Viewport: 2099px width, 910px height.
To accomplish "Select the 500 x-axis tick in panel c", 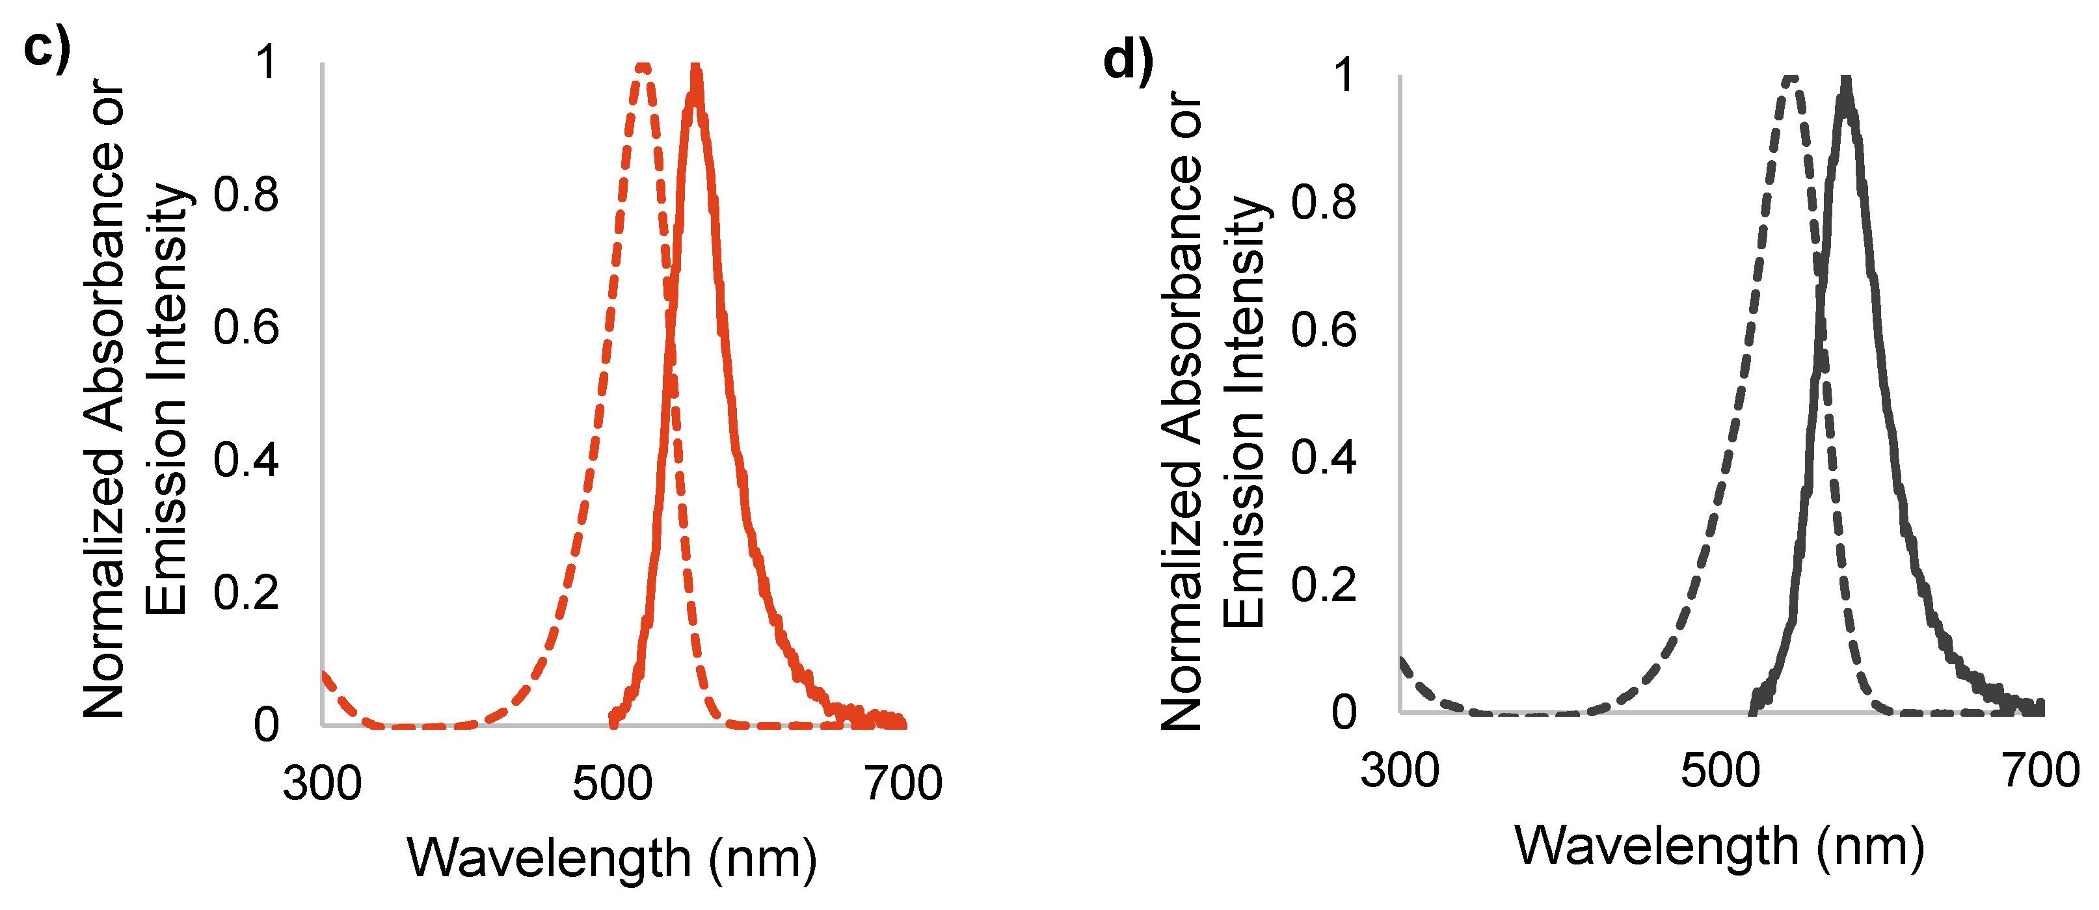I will [x=612, y=784].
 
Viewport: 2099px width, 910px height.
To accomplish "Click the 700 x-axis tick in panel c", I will [x=903, y=784].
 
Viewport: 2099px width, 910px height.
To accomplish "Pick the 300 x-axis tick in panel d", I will [x=1399, y=771].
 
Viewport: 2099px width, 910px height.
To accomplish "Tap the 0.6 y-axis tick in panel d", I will [x=1323, y=330].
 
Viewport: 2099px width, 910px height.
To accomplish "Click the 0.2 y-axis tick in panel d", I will [x=1323, y=585].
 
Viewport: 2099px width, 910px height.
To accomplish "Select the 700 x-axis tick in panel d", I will [x=2041, y=771].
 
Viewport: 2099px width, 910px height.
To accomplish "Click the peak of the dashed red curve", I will [x=644, y=67].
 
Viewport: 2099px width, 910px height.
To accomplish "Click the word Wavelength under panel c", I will [x=549, y=859].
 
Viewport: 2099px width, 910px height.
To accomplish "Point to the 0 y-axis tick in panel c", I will [x=267, y=724].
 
